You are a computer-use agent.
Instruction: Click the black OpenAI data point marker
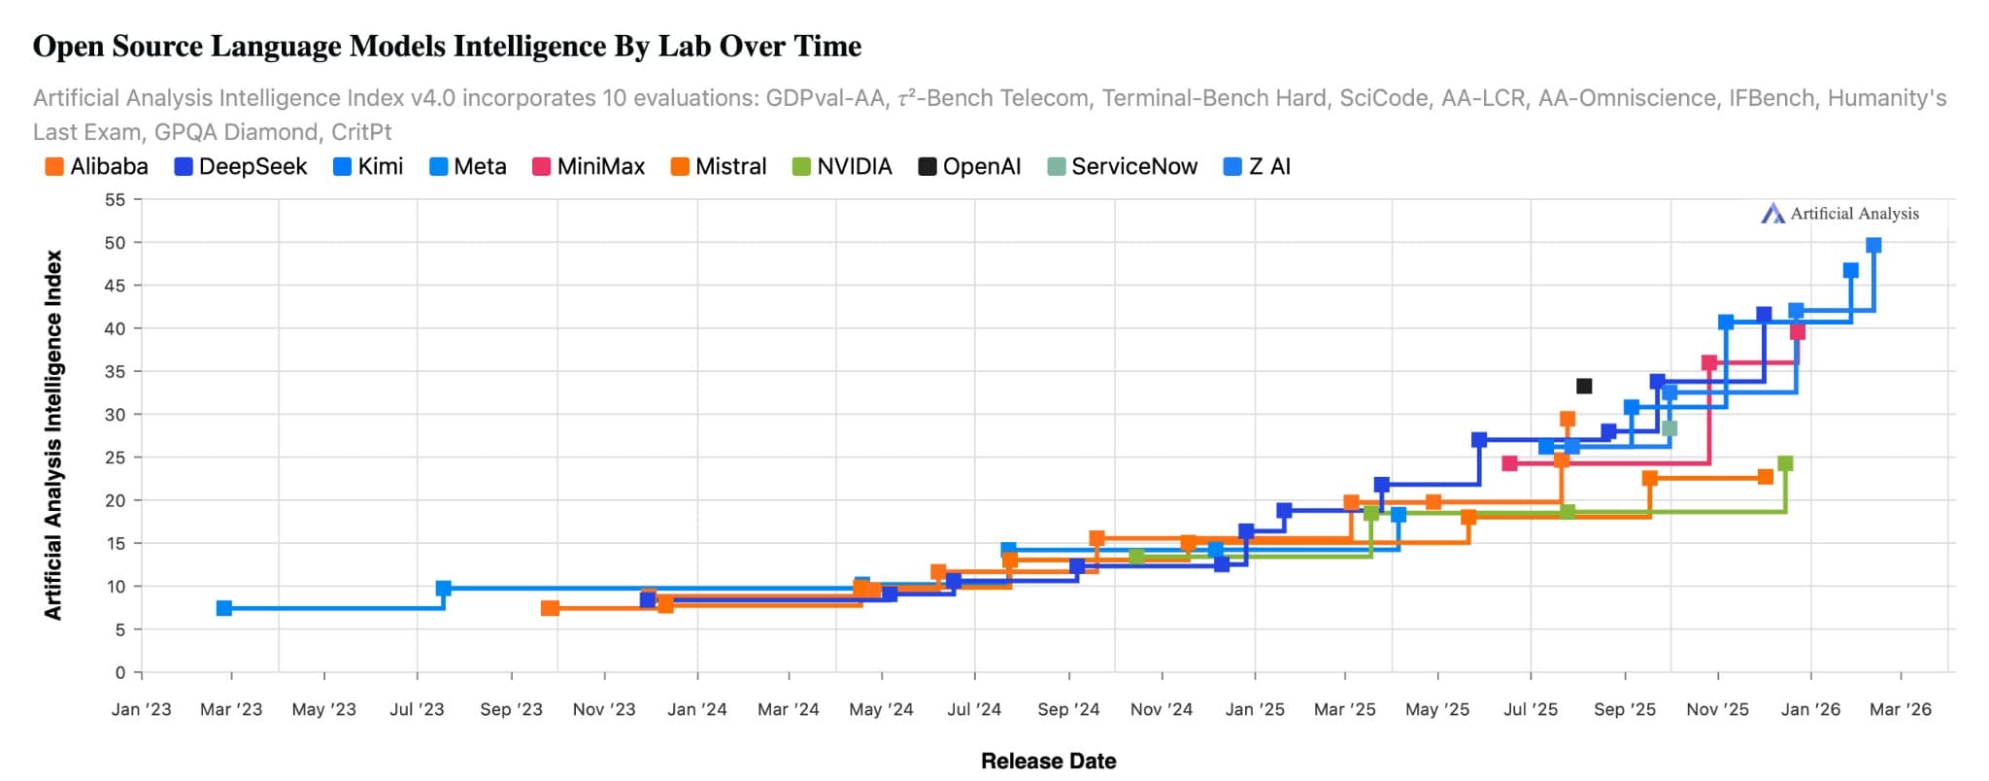coord(1584,387)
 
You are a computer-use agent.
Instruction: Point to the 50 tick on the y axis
coord(116,243)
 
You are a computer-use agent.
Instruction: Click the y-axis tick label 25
coord(116,458)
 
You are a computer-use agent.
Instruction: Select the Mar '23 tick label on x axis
coord(231,709)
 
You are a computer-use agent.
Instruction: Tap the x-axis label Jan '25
coord(1255,709)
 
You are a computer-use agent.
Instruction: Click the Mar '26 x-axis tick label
coord(1901,709)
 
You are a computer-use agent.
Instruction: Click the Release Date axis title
coord(1048,762)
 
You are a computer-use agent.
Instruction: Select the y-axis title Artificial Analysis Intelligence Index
coord(53,435)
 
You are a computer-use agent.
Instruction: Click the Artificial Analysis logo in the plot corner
coord(1839,214)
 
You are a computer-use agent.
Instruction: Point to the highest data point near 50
coord(1873,246)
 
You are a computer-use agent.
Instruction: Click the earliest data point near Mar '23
coord(224,608)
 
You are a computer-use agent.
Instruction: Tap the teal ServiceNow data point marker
coord(1669,428)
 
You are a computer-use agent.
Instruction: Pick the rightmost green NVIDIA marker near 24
coord(1785,464)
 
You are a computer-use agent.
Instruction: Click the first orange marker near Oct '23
coord(550,608)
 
